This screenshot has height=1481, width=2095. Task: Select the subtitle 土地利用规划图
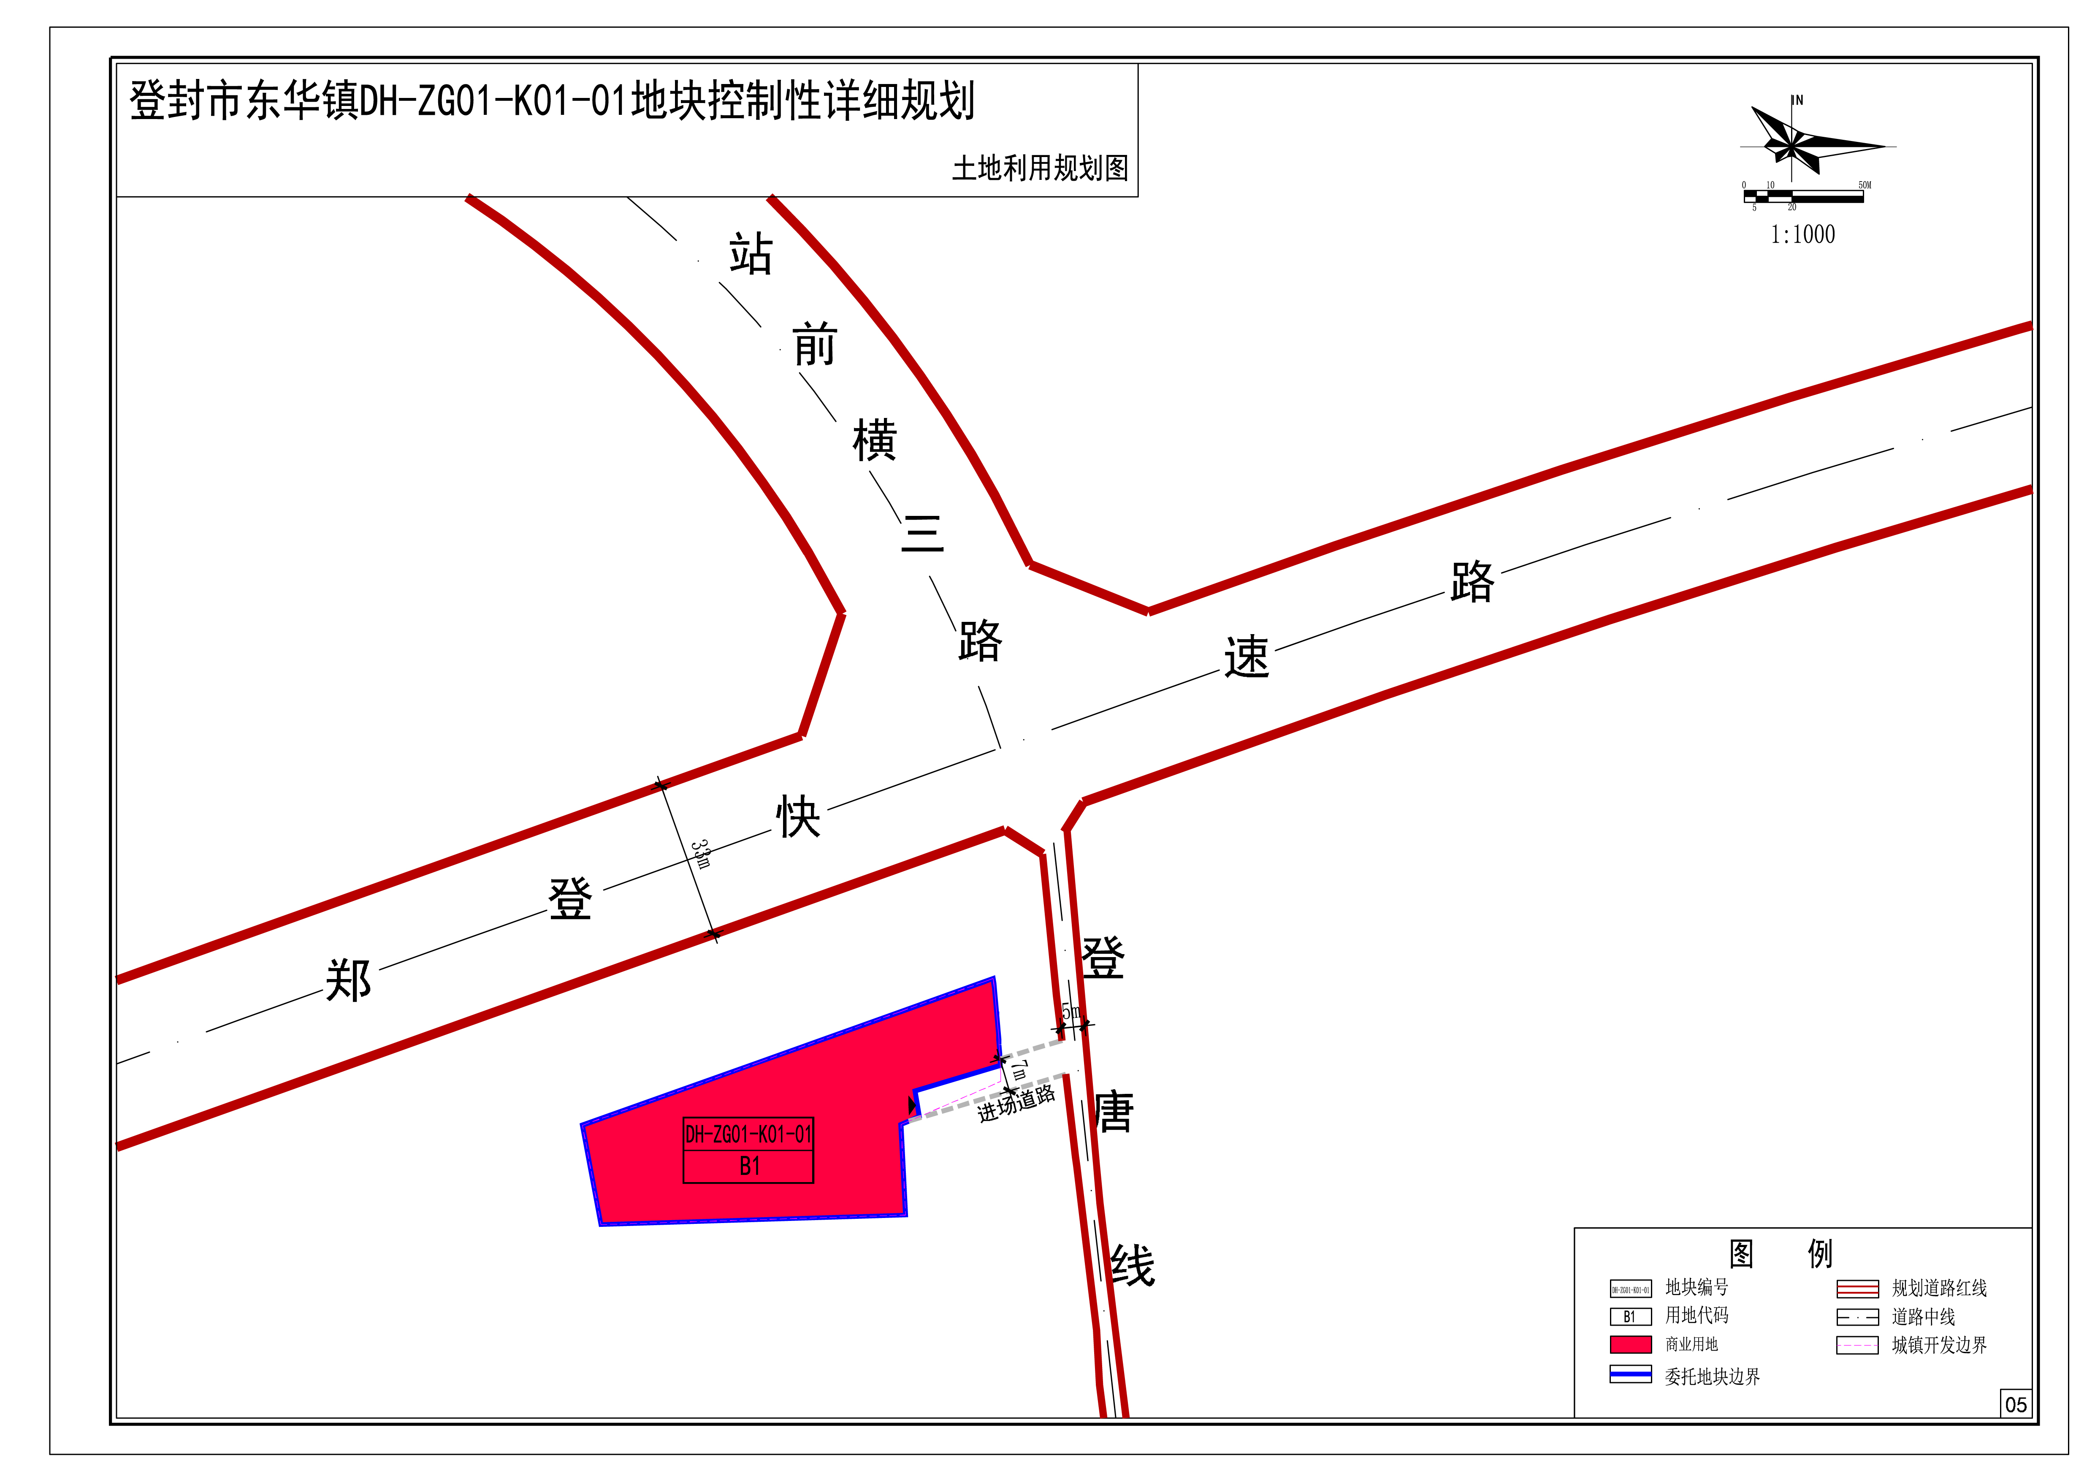[1040, 168]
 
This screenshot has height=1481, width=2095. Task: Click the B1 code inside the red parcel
[749, 1166]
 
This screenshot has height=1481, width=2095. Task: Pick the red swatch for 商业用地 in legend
[1631, 1344]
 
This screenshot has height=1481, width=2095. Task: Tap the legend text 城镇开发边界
[1939, 1345]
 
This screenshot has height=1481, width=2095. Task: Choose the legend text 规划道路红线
[1939, 1288]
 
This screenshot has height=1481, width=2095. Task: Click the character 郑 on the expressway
[349, 980]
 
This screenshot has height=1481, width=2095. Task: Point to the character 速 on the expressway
[1247, 657]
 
